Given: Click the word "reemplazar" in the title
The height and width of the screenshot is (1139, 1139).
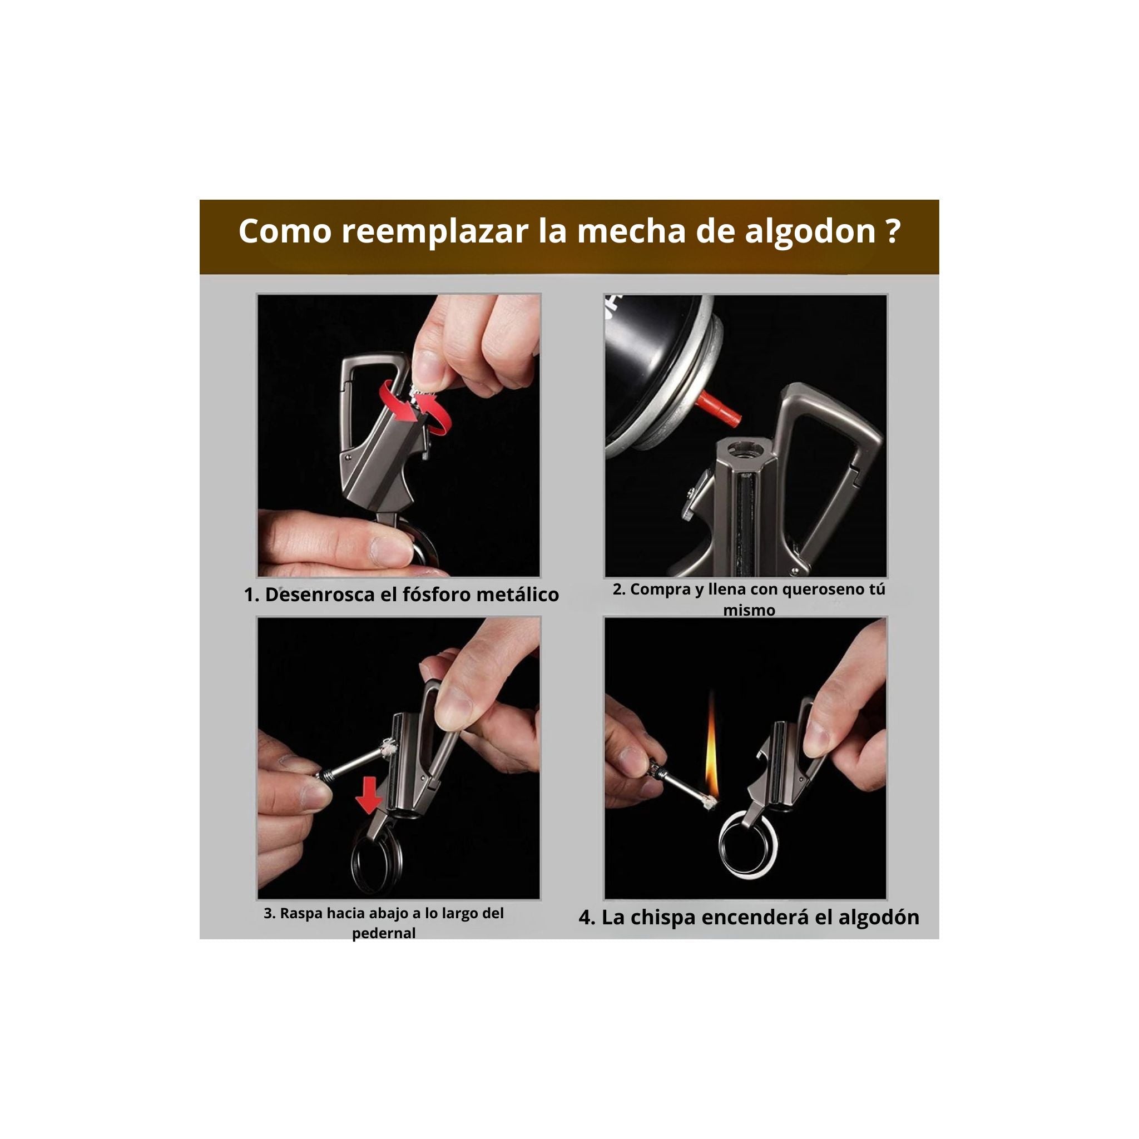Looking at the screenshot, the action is (x=434, y=232).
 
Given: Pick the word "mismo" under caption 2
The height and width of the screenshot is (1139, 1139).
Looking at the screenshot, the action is (x=749, y=610).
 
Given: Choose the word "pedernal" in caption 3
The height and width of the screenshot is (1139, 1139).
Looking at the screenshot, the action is (x=384, y=933).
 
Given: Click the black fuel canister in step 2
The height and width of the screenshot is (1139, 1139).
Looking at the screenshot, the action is (x=655, y=354).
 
